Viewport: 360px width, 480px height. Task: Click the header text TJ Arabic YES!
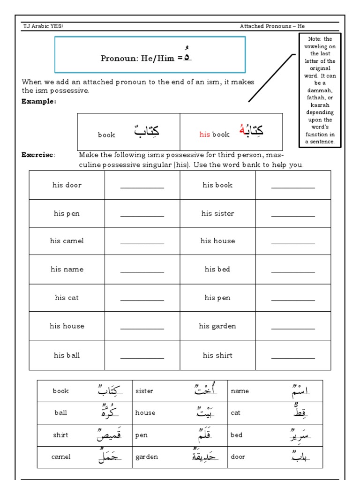(x=43, y=26)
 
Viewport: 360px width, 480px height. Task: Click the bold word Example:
(x=39, y=101)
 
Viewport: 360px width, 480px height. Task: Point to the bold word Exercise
(x=37, y=155)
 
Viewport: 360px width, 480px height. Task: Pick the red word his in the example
(x=205, y=135)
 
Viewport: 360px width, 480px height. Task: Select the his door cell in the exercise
(x=67, y=185)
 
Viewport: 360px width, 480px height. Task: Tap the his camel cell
(x=67, y=241)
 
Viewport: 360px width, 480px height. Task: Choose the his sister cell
(x=217, y=213)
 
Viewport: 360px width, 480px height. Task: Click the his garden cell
(x=217, y=326)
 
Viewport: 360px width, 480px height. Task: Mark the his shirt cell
(x=217, y=355)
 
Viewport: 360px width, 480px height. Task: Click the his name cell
(x=67, y=270)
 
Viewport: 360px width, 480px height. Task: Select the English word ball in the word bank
(x=60, y=413)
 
